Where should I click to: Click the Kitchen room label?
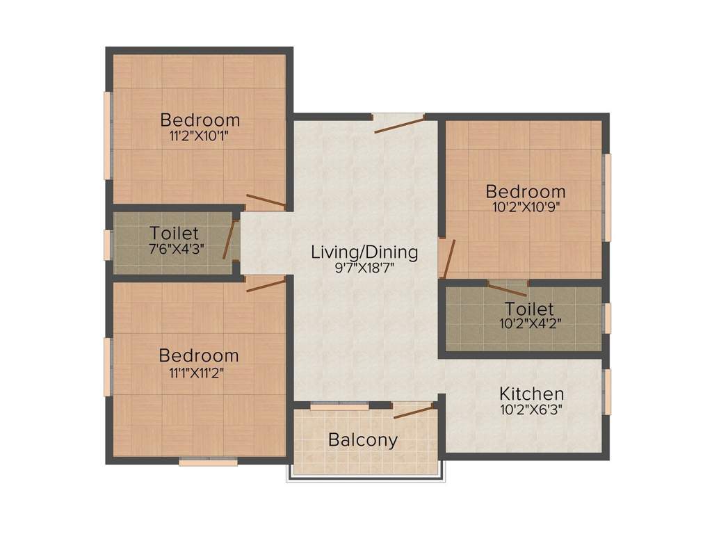point(531,394)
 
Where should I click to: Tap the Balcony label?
point(363,440)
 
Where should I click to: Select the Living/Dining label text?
point(364,252)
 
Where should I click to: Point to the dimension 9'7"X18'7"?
point(364,268)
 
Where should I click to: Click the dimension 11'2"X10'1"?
point(200,136)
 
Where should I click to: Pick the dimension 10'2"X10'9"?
point(525,207)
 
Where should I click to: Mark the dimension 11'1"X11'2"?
point(199,372)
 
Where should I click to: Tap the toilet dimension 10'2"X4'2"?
point(529,324)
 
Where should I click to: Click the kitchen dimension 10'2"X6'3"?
point(531,410)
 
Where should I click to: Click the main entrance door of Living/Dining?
point(399,125)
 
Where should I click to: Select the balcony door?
point(414,411)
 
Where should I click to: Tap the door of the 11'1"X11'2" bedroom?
point(266,284)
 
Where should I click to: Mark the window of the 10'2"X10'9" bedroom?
point(607,197)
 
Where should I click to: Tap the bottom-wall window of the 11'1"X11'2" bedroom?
point(209,461)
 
